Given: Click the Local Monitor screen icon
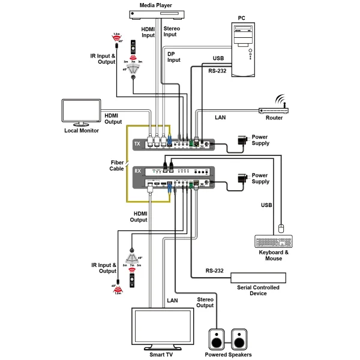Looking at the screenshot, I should point(80,112).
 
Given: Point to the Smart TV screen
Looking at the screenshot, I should point(163,328).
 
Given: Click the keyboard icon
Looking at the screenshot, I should point(274,242).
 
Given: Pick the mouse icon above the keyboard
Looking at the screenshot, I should point(280,228).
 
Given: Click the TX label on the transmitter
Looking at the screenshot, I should point(137,144).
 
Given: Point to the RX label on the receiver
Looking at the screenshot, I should point(137,170).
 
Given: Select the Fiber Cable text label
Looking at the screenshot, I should point(117,166).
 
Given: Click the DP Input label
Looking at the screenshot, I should point(173,56).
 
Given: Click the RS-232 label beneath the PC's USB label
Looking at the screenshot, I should point(218,70).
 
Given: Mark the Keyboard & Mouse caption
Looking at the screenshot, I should point(274,256).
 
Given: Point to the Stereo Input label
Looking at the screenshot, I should point(172,31).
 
